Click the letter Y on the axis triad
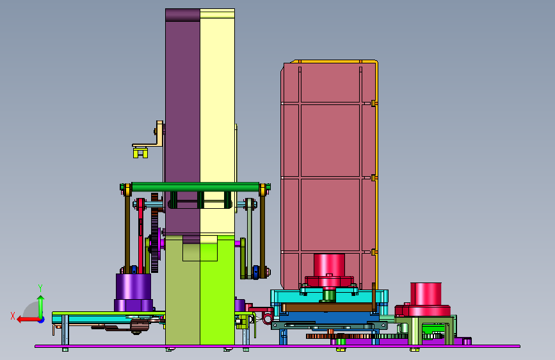click(40, 288)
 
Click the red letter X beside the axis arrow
click(13, 316)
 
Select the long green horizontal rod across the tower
click(195, 187)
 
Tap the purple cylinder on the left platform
click(133, 291)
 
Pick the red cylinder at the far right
click(426, 298)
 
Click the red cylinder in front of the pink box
click(329, 268)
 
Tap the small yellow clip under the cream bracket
click(140, 152)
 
